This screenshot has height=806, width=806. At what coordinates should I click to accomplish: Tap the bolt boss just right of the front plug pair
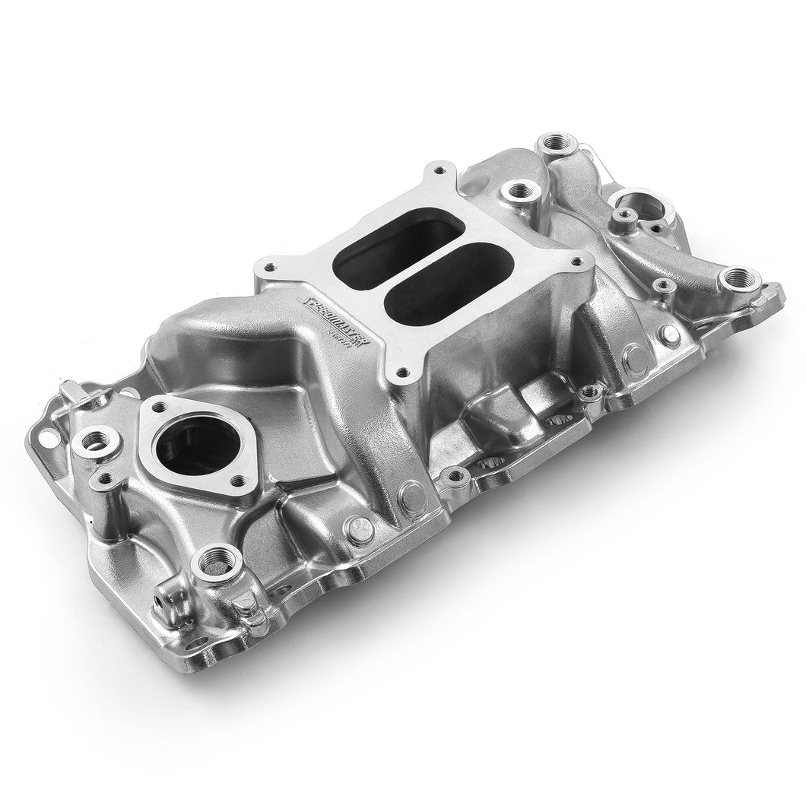point(455,478)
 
